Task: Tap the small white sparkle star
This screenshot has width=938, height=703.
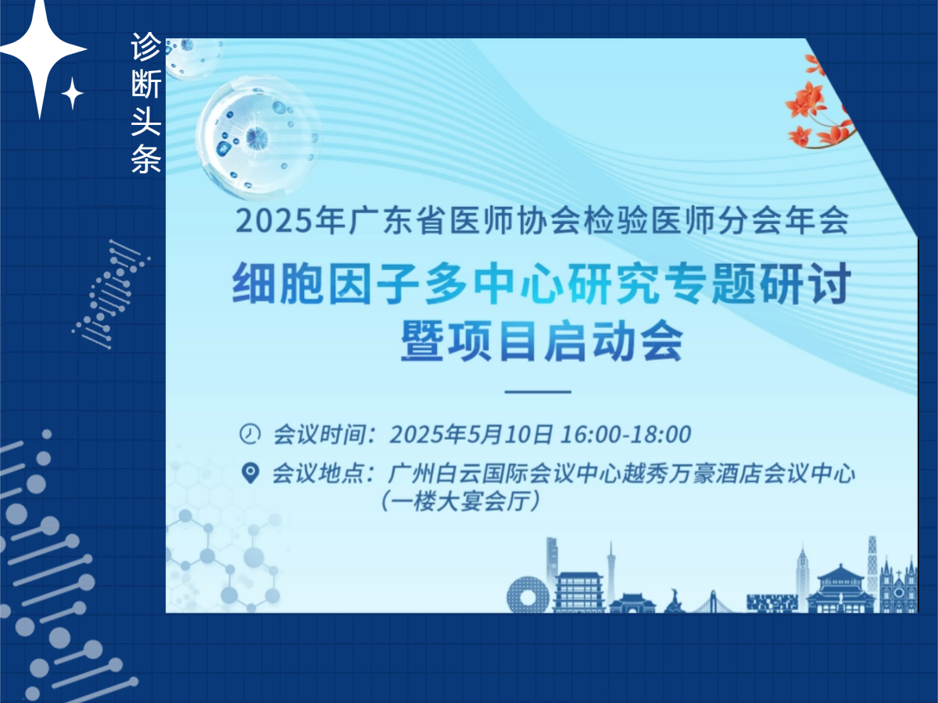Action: [72, 93]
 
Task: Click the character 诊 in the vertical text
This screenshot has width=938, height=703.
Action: [146, 47]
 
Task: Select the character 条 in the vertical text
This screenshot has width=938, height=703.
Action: [146, 159]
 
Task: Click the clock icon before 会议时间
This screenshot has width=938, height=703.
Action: [249, 434]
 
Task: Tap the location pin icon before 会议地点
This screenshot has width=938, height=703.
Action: [250, 473]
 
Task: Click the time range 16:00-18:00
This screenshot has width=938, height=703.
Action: [625, 434]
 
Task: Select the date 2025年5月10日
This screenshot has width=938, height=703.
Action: [471, 434]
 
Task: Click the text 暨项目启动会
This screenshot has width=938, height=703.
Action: [541, 341]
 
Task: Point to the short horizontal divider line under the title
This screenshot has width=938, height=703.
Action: [538, 391]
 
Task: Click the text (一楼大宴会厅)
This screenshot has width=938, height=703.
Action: [460, 501]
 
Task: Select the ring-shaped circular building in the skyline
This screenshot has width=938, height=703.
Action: [528, 595]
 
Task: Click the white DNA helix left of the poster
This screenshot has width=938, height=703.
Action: [111, 294]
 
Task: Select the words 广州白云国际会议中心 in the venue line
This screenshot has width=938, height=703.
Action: [504, 474]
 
